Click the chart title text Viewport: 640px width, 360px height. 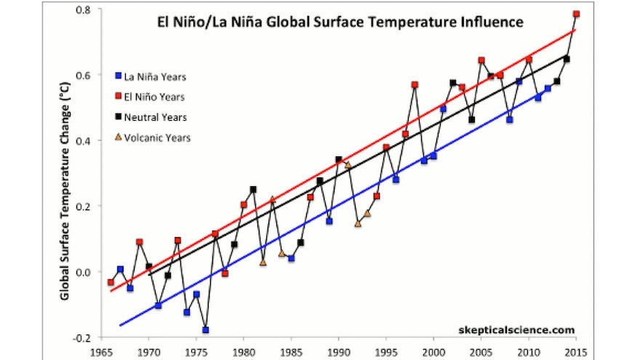(340, 22)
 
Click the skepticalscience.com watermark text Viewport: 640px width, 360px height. (513, 329)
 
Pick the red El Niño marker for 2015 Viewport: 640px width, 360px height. (576, 14)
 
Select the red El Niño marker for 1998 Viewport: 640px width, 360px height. (415, 85)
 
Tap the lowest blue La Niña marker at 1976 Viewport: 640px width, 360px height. (206, 330)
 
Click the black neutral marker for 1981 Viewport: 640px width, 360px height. (253, 190)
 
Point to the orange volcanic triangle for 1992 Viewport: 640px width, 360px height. (358, 223)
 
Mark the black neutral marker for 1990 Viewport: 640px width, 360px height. (339, 159)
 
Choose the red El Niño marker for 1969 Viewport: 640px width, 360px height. (139, 242)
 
